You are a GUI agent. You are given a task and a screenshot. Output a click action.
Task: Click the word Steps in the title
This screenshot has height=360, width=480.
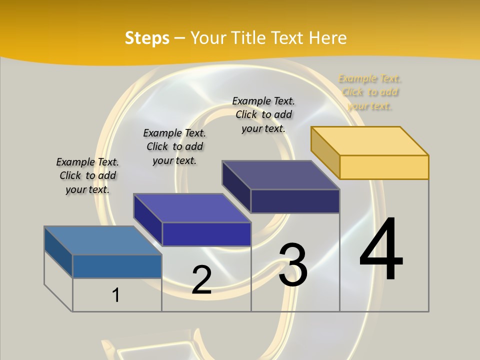[147, 38]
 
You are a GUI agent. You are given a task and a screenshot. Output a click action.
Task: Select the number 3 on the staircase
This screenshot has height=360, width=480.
[292, 265]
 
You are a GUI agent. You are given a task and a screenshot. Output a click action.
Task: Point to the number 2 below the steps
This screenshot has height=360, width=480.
[201, 280]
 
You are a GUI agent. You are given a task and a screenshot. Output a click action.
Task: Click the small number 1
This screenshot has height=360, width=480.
[115, 295]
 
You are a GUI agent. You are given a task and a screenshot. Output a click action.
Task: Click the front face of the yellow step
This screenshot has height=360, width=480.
[384, 167]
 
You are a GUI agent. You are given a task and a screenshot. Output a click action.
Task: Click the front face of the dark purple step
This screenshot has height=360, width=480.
[295, 201]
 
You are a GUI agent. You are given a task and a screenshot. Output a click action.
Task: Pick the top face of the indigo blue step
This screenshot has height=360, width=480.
[192, 208]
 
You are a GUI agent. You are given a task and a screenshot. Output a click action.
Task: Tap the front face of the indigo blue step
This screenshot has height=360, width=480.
[206, 234]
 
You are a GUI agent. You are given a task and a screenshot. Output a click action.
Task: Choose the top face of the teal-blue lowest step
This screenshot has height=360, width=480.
[103, 240]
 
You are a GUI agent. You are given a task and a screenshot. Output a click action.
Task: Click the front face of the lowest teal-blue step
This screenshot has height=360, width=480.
[117, 266]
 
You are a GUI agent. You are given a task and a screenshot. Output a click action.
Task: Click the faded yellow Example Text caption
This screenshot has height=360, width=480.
[369, 92]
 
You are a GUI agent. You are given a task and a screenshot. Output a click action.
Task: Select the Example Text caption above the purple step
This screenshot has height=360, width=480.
[263, 114]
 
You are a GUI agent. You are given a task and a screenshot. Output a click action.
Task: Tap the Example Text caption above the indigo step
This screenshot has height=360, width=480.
[174, 146]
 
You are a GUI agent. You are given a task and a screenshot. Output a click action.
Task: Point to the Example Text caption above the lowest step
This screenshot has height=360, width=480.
[87, 175]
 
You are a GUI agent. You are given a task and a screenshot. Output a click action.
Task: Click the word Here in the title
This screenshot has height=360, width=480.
[328, 38]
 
